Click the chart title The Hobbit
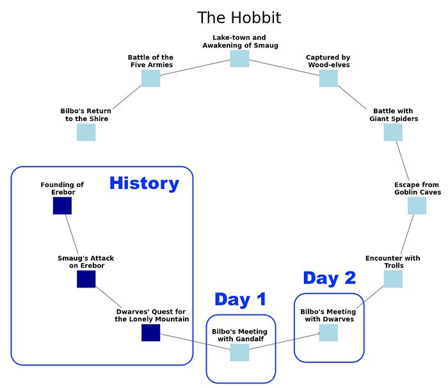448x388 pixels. [x=239, y=17]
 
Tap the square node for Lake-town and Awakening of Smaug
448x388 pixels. [x=239, y=58]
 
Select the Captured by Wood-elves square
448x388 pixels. [x=328, y=78]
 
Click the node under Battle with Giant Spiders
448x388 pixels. [x=393, y=132]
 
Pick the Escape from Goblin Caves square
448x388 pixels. [x=417, y=206]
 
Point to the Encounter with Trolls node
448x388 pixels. [x=393, y=279]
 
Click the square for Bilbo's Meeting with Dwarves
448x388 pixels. [x=328, y=333]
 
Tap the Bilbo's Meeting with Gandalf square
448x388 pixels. [x=239, y=352]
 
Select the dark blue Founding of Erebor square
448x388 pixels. [x=62, y=206]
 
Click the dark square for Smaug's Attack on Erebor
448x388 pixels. [x=86, y=279]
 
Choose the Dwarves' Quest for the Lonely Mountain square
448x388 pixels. [x=150, y=333]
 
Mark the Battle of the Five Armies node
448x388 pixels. [x=150, y=78]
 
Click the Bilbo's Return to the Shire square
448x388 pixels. [x=86, y=132]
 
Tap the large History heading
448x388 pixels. [x=144, y=183]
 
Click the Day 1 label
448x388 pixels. [x=240, y=299]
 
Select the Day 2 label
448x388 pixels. [x=329, y=278]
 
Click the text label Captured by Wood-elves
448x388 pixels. [x=328, y=61]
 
